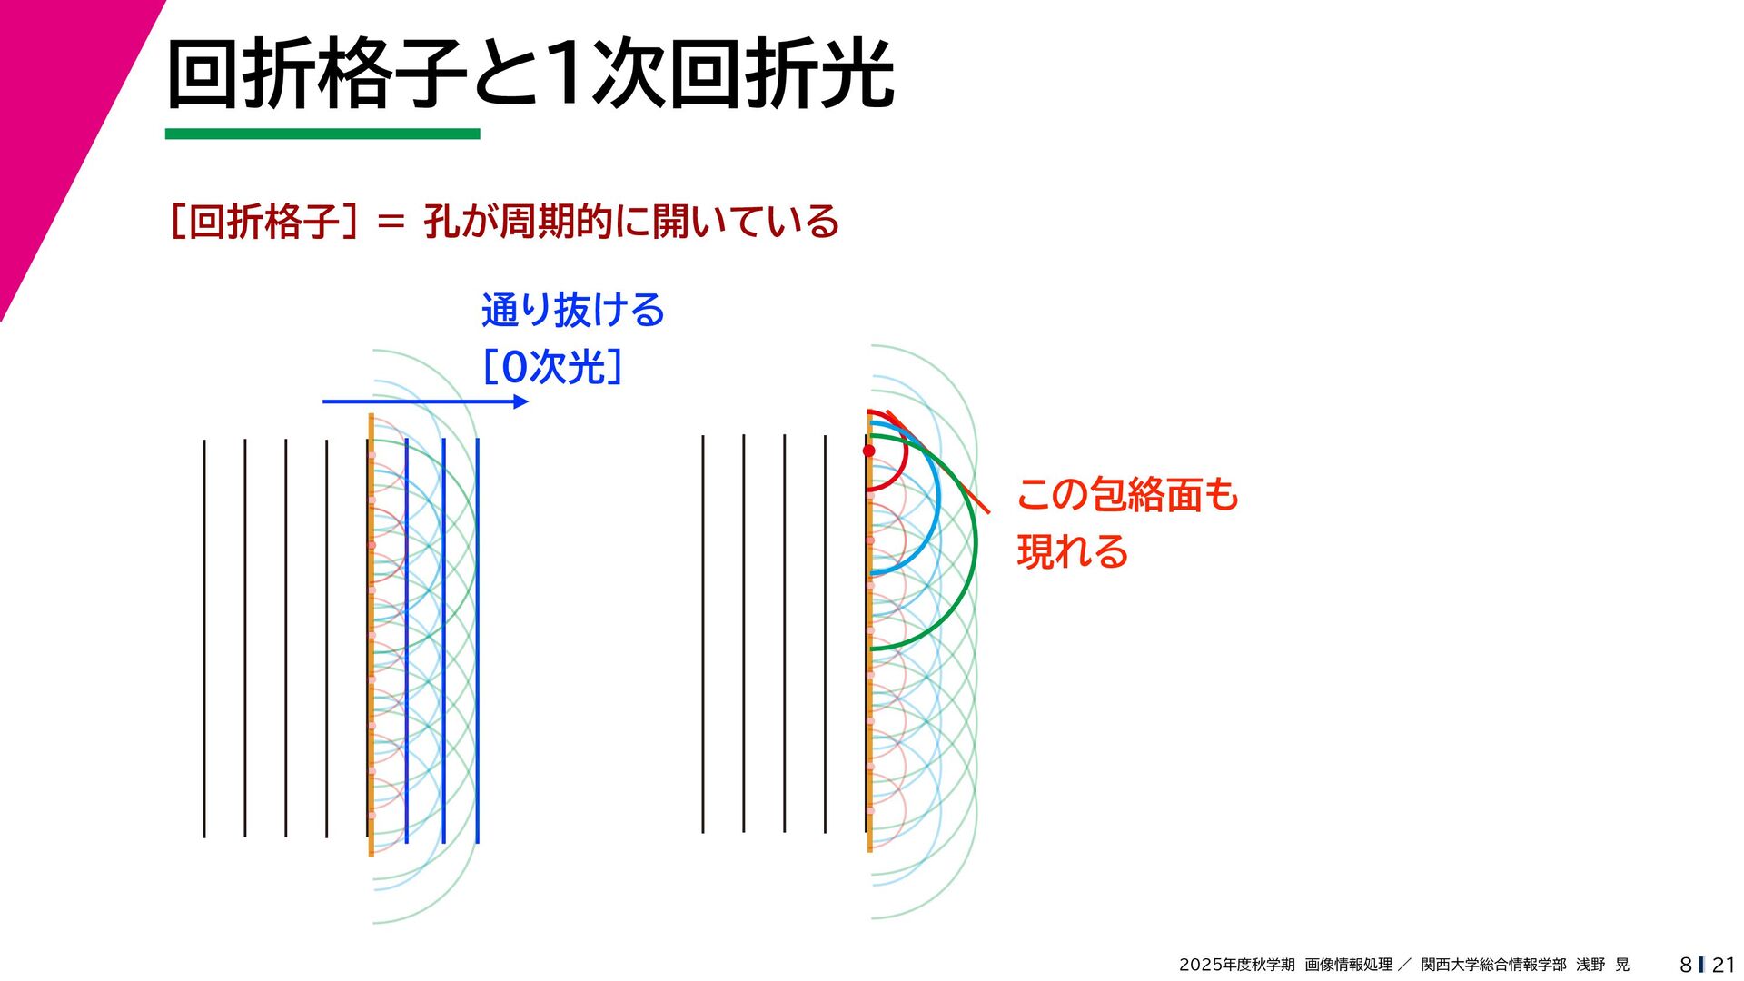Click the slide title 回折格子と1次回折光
[x=530, y=74]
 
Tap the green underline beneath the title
[x=322, y=134]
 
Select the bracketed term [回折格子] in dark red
[x=263, y=222]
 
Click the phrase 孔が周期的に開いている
[x=631, y=222]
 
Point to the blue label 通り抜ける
[x=573, y=311]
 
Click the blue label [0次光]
[x=552, y=367]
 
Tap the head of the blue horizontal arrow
[x=521, y=401]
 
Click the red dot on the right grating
[x=869, y=451]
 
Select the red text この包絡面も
[x=1127, y=495]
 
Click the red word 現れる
[x=1073, y=551]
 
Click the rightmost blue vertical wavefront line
[x=478, y=636]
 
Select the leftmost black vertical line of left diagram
[x=204, y=636]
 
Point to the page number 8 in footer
[x=1686, y=965]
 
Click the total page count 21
[x=1723, y=965]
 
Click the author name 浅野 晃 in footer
[x=1602, y=965]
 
